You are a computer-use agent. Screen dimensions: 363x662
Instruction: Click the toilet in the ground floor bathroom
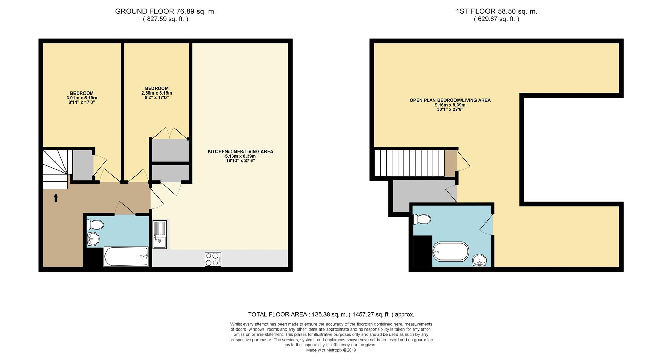[x=96, y=225]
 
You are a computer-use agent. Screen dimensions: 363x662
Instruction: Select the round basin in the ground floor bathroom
[x=93, y=238]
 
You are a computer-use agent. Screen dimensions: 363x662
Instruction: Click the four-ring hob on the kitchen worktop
[x=213, y=259]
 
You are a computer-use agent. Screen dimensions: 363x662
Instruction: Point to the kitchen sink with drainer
[x=160, y=235]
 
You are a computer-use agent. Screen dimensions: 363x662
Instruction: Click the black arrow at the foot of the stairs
[x=56, y=197]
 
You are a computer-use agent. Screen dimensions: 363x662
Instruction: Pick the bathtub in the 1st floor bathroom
[x=451, y=252]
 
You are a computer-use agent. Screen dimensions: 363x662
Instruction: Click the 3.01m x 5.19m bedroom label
[x=82, y=98]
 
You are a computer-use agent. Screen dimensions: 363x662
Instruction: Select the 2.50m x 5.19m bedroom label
[x=157, y=93]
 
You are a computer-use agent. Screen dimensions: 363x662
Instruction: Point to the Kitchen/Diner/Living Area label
[x=240, y=156]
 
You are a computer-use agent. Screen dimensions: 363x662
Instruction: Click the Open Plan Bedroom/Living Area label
[x=450, y=105]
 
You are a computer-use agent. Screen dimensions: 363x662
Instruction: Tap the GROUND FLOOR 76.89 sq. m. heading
[x=165, y=11]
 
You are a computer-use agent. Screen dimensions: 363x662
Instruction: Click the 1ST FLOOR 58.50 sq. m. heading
[x=496, y=11]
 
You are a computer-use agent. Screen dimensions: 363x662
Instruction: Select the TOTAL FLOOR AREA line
[x=331, y=314]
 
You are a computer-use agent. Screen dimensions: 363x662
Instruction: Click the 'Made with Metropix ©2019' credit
[x=331, y=350]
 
